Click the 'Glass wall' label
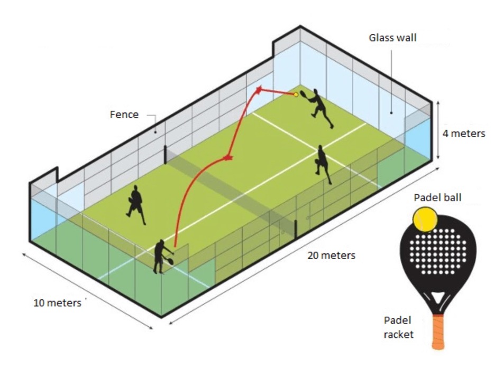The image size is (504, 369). [392, 38]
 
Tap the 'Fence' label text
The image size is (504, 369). [124, 115]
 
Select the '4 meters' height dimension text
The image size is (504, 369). [464, 134]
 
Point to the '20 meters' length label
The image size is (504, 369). [332, 256]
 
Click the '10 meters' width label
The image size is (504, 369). [58, 303]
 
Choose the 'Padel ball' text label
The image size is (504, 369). [437, 197]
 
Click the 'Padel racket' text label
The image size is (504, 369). [399, 327]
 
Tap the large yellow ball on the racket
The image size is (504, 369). [425, 220]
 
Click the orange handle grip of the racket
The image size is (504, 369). [438, 332]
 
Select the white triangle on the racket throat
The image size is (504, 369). [437, 297]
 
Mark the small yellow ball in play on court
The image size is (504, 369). [296, 94]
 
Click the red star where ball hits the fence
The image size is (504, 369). [259, 90]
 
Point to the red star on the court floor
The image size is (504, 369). [228, 157]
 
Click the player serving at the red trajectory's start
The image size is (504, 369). [163, 257]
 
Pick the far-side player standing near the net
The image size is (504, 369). [323, 164]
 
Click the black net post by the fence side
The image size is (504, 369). [166, 155]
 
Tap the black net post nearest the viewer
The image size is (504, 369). [296, 229]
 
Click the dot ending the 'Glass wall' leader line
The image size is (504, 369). [391, 112]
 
